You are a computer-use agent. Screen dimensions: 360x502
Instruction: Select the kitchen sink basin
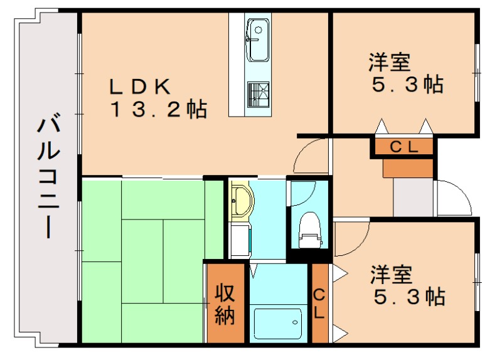257,31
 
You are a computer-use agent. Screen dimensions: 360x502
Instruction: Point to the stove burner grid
258,94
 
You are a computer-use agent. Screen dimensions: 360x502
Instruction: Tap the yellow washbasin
240,201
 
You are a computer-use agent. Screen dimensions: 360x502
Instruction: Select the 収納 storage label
225,304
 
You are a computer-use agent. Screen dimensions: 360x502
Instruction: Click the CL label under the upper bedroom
404,147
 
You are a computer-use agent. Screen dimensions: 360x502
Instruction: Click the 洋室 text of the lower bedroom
390,273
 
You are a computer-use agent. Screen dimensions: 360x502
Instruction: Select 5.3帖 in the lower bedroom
409,295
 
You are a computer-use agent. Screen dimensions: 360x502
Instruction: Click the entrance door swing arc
452,198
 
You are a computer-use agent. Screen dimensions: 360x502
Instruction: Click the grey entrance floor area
413,197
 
